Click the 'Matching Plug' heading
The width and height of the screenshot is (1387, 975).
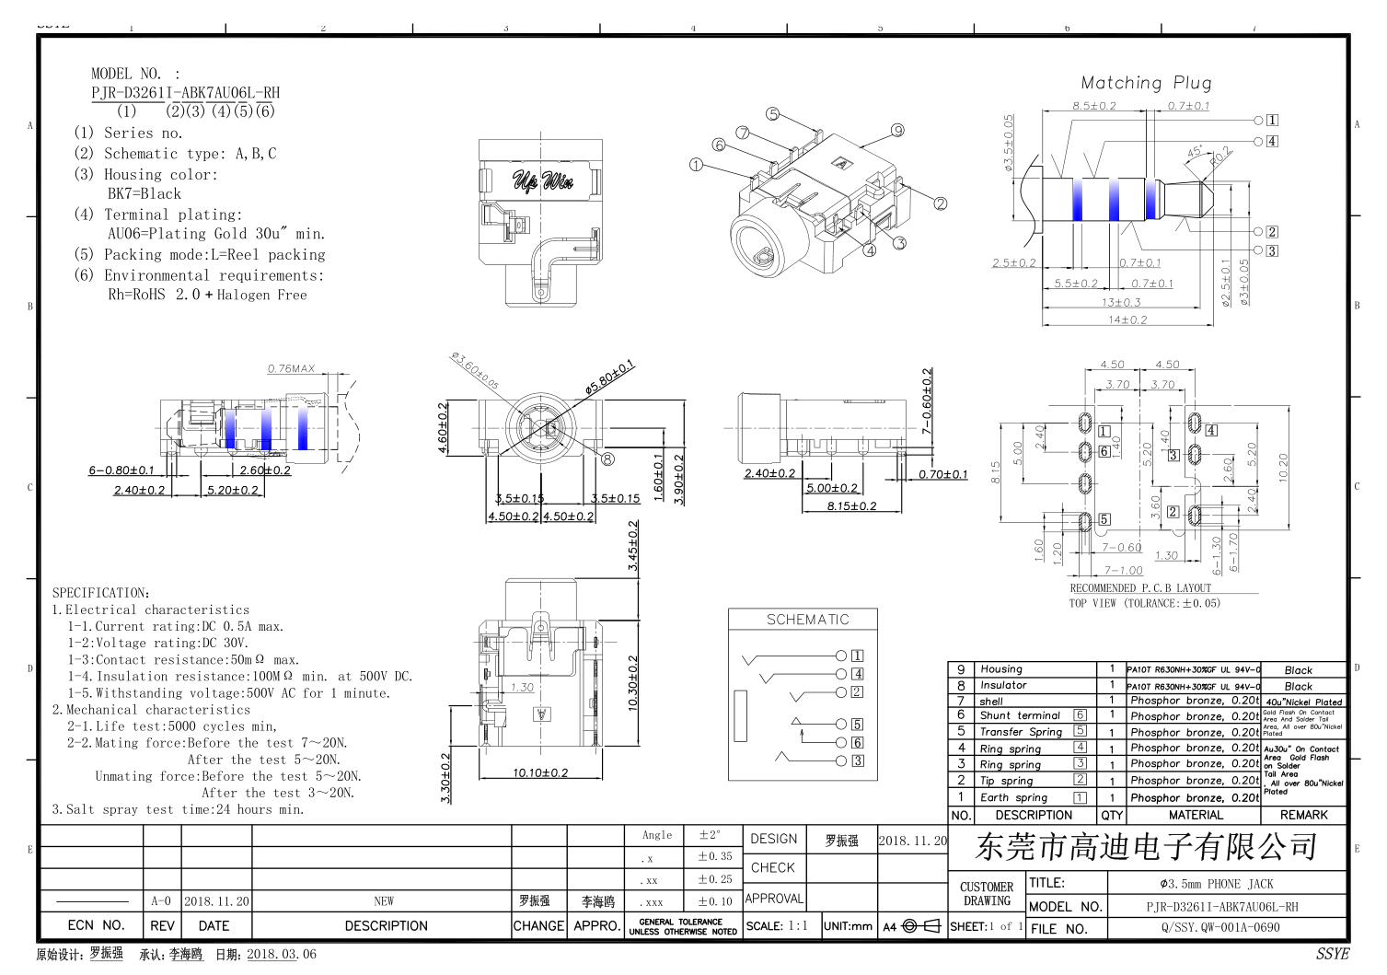pos(1146,83)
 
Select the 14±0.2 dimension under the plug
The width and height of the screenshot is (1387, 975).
pos(1127,319)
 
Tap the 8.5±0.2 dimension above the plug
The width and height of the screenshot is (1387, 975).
pos(1093,106)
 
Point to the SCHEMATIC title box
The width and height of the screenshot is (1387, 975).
pos(807,620)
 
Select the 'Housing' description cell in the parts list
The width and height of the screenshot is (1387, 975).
pos(1001,669)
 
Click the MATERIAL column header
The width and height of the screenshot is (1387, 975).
pos(1196,815)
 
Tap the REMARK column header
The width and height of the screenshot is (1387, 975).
pos(1303,815)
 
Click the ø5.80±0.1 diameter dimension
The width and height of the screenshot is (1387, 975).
pos(609,377)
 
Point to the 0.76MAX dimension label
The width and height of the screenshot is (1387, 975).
pos(291,369)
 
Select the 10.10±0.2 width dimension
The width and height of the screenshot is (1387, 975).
pos(540,772)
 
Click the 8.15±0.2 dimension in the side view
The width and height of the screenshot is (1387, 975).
pos(851,505)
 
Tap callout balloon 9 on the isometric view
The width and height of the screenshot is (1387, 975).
pos(897,131)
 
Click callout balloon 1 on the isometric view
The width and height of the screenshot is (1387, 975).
pos(696,165)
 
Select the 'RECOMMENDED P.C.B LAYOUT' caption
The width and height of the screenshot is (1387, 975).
pos(1140,587)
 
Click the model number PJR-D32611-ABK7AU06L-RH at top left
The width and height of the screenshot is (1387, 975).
pos(185,93)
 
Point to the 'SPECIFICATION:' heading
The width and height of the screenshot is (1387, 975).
pos(101,593)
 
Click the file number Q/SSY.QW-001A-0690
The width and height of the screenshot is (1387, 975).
pos(1219,927)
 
